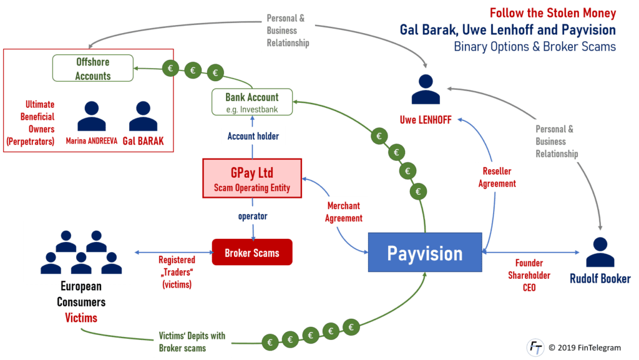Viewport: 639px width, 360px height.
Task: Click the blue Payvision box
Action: tap(424, 253)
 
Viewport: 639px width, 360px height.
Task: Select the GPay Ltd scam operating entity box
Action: tap(251, 178)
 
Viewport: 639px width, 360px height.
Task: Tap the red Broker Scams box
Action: tap(251, 252)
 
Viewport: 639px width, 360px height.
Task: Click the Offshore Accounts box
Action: tap(93, 69)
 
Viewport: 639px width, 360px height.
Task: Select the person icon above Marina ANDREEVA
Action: tap(92, 116)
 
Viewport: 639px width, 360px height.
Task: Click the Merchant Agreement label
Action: tap(343, 212)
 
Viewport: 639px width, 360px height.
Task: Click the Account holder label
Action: tap(252, 137)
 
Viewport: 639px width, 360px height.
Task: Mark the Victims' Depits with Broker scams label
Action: tap(192, 342)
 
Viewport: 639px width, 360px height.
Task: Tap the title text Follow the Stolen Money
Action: tap(553, 13)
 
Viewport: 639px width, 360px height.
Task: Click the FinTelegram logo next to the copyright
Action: tap(535, 347)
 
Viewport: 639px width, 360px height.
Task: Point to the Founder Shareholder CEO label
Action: tap(529, 275)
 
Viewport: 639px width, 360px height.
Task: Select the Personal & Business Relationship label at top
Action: tap(288, 29)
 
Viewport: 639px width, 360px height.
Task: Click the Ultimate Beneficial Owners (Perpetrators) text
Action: tap(31, 123)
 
